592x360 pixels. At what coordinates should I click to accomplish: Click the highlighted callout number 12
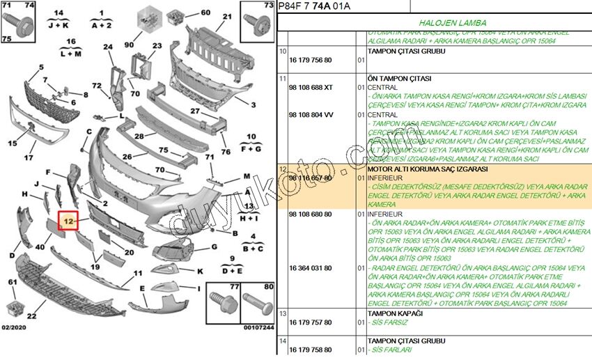(x=68, y=221)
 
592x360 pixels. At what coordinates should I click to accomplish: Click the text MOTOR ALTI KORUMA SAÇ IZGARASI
(x=419, y=169)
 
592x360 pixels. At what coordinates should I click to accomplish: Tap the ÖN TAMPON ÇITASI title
(x=399, y=78)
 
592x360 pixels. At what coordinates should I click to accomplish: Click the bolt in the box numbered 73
(x=256, y=26)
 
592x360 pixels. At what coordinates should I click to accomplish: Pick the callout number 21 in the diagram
(x=227, y=17)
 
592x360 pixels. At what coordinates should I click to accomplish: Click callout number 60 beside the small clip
(x=205, y=13)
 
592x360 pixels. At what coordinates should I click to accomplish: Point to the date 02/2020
(x=15, y=327)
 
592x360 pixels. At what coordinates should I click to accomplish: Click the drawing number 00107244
(x=258, y=327)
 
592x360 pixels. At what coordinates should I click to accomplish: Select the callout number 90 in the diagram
(x=129, y=45)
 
